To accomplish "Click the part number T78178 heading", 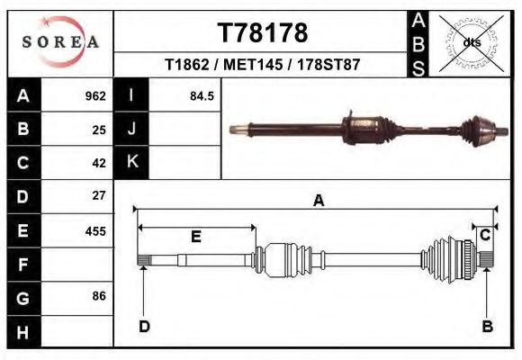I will [263, 32].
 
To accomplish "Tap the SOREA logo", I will [60, 42].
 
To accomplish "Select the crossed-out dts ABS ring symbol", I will [471, 41].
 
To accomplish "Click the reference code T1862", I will [186, 66].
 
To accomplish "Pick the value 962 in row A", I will [94, 96].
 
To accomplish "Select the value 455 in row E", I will [94, 231].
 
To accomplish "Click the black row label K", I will [132, 162].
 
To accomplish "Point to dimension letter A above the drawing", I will [318, 202].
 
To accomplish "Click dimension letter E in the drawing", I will [195, 237].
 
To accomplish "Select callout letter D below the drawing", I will [143, 326].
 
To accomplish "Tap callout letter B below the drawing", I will [487, 326].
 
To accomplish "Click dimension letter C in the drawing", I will [484, 236].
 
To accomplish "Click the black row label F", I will [24, 265].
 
